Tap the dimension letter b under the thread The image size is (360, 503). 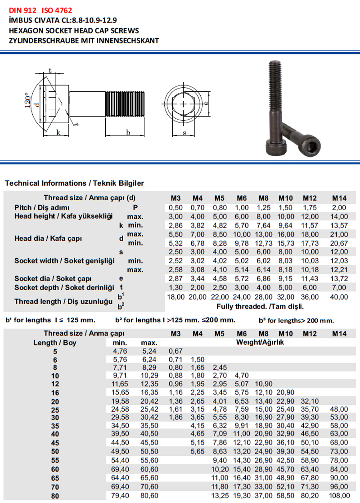pyautogui.click(x=128, y=132)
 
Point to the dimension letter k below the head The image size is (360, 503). pyautogui.click(x=58, y=132)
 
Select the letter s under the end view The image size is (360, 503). pyautogui.click(x=184, y=133)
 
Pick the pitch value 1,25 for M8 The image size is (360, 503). pyautogui.click(x=264, y=207)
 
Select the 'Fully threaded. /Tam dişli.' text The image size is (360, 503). pyautogui.click(x=260, y=307)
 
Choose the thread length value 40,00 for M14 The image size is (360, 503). pyautogui.click(x=339, y=297)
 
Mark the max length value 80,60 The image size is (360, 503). pyautogui.click(x=149, y=496)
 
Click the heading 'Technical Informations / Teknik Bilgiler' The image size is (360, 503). pyautogui.click(x=74, y=184)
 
